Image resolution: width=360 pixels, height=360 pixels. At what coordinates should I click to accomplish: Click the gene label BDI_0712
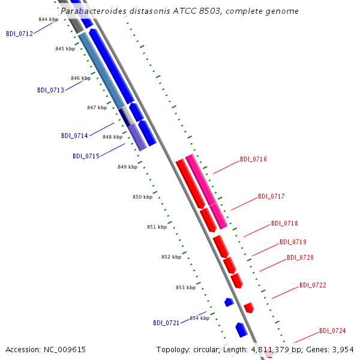(20, 34)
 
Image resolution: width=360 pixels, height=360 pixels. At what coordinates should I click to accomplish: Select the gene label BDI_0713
(51, 90)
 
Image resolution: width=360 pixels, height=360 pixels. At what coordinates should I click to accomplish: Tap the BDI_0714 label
(74, 136)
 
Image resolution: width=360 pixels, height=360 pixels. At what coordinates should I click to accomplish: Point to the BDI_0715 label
(86, 156)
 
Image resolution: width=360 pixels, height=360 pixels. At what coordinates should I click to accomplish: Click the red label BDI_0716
(253, 159)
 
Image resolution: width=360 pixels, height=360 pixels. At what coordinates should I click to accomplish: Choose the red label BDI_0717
(271, 196)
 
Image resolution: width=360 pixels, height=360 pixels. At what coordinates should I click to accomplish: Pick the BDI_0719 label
(293, 242)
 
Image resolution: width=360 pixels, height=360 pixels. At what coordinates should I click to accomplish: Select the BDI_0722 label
(313, 285)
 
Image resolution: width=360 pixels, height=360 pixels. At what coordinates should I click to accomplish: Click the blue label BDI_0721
(166, 323)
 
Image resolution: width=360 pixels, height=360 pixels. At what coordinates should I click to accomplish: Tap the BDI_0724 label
(332, 331)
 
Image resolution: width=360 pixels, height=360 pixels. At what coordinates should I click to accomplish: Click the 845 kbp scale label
(65, 49)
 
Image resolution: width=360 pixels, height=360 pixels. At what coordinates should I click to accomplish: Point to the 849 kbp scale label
(128, 167)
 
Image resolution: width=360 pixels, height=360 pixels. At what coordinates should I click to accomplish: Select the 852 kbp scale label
(171, 257)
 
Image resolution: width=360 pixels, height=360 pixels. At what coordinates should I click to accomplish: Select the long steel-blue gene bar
(102, 70)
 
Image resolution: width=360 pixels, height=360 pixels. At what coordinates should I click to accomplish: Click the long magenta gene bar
(206, 191)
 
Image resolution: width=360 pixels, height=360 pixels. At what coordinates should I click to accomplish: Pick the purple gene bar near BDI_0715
(137, 137)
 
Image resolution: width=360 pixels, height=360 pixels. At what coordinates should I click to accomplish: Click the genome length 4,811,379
(270, 350)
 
